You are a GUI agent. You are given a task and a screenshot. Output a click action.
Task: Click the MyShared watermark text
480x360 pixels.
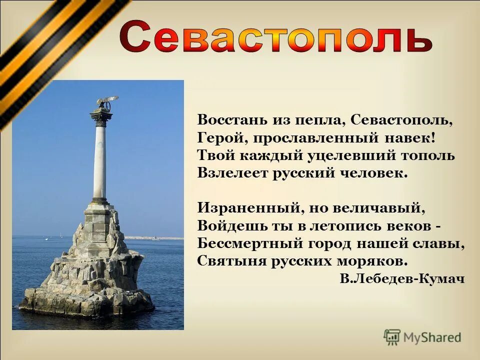tap(432, 337)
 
